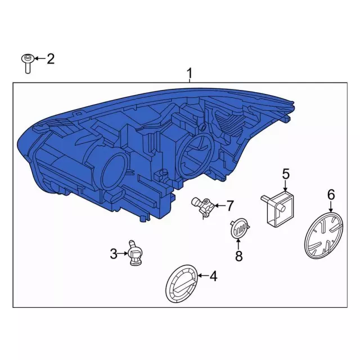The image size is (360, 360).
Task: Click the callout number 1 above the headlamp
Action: point(190,73)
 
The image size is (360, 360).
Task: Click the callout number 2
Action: point(50,58)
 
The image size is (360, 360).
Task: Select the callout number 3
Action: point(114,254)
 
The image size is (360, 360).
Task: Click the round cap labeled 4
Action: point(181,284)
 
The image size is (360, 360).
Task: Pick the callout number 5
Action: point(285,174)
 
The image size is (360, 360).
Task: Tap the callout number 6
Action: point(331,195)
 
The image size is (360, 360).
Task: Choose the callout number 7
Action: point(230,206)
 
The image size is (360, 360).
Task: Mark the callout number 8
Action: point(238,256)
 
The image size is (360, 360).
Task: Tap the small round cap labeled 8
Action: point(238,230)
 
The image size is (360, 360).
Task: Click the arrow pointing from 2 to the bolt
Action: point(38,58)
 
